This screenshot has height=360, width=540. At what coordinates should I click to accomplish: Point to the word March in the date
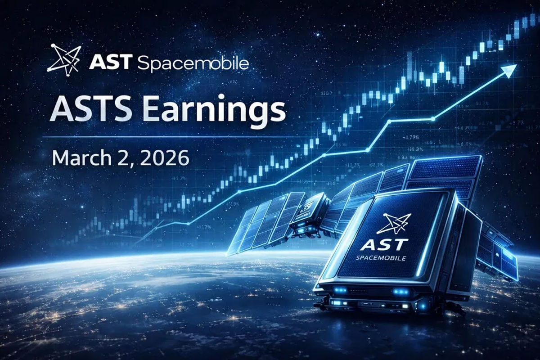click(x=78, y=158)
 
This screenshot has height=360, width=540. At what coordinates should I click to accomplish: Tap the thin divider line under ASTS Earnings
click(x=157, y=136)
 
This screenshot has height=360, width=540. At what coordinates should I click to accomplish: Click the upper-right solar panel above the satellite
click(x=445, y=173)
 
